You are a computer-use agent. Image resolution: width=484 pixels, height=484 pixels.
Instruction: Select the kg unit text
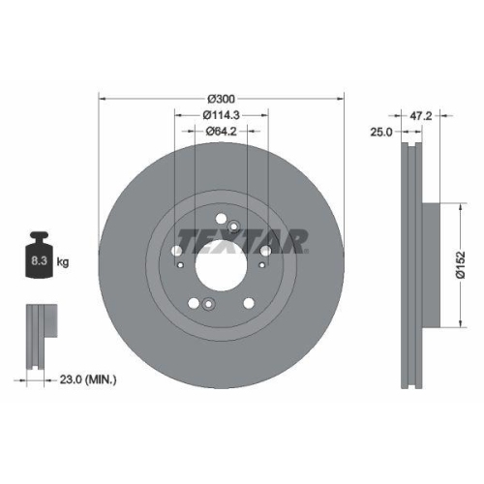63,261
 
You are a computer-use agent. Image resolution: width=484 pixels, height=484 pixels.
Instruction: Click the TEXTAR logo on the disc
242,239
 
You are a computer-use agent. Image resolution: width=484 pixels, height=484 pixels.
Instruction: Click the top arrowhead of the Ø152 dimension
456,206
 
